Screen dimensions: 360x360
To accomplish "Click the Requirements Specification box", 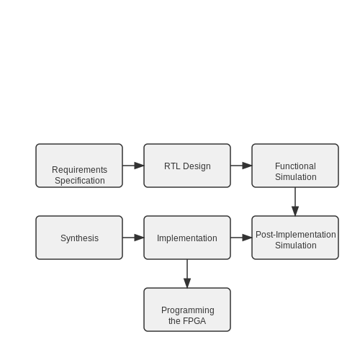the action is tap(79, 166).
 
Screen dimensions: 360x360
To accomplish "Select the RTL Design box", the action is tap(187, 166).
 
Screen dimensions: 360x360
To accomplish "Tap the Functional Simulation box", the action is tap(295, 166).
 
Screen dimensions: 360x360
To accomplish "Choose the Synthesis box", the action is tap(79, 238).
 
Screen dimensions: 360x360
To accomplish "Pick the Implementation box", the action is tap(187, 238).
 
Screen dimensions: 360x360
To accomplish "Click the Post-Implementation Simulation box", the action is tap(295, 238).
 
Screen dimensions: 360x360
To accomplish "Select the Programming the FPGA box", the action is tap(187, 310).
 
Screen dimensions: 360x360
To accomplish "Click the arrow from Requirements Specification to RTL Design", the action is tap(133, 166).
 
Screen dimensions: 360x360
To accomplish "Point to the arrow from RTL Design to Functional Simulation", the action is tap(241, 166).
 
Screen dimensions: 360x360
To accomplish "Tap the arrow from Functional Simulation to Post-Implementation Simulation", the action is tap(295, 202).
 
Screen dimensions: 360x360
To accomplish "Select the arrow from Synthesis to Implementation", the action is tap(133, 238).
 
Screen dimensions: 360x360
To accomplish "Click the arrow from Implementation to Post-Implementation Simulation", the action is tap(241, 238).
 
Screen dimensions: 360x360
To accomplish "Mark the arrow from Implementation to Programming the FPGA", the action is tap(187, 274).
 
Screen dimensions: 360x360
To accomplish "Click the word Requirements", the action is tap(79, 170).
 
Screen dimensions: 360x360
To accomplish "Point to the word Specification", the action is tap(80, 181).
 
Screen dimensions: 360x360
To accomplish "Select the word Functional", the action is tap(295, 166).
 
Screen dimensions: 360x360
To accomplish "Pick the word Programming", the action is tap(188, 310).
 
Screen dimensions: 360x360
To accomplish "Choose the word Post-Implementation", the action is tap(296, 235).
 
